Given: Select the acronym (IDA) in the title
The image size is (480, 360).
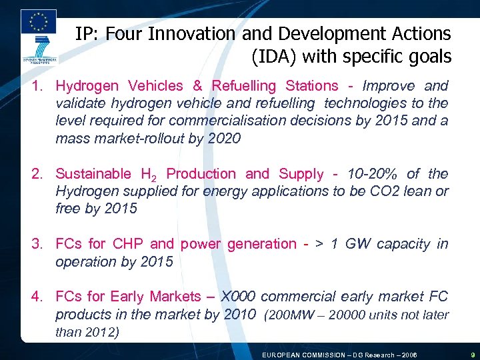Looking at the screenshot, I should pyautogui.click(x=274, y=57).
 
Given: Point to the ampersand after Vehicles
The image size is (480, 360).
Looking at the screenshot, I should pyautogui.click(x=197, y=86).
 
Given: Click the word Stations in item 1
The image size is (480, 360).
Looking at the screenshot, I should pyautogui.click(x=311, y=86).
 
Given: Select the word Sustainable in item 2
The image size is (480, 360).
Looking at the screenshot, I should pyautogui.click(x=93, y=174).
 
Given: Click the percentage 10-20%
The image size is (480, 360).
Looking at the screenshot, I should pyautogui.click(x=366, y=174).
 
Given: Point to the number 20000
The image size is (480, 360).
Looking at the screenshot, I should pyautogui.click(x=349, y=315).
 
